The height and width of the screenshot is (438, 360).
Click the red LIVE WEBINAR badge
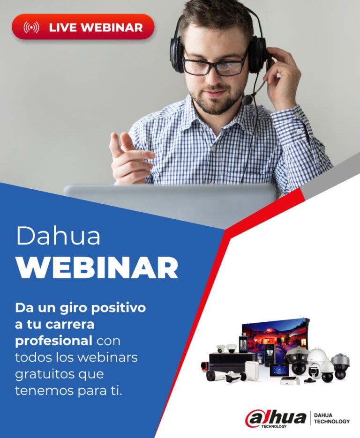83,27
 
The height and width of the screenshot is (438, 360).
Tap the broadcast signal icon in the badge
31,27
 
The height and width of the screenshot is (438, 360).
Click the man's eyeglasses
215,66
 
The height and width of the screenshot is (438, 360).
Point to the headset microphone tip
247,100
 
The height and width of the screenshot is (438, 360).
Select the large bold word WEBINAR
97,267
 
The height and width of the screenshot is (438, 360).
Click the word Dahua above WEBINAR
58,236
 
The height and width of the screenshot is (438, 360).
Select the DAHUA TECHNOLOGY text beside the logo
331,418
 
